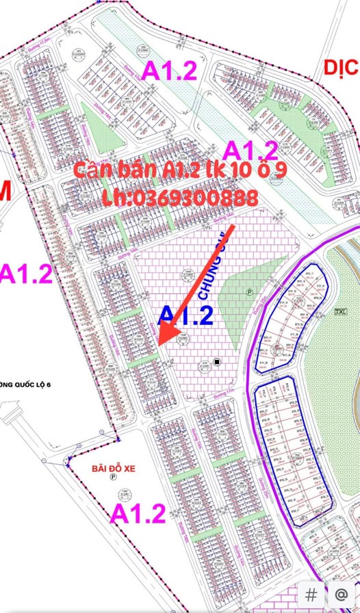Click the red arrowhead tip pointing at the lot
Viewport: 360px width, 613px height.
[159, 344]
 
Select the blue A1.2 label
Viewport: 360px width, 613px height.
[185, 315]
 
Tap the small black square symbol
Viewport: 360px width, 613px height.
[217, 362]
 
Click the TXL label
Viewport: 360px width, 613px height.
[339, 311]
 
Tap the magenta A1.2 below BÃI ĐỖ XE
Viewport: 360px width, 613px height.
[138, 513]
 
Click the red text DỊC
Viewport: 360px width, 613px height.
[341, 68]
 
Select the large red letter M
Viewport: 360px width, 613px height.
[5, 194]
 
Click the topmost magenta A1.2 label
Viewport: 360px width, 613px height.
[168, 70]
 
